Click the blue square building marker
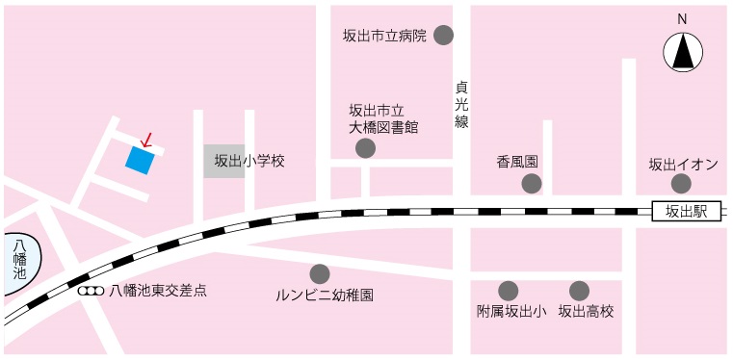click(x=139, y=161)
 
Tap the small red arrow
click(x=146, y=141)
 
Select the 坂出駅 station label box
click(x=687, y=211)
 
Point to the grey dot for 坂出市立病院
click(x=444, y=36)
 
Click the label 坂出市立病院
click(x=384, y=37)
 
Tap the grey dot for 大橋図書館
click(x=365, y=148)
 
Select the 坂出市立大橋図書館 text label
click(x=383, y=117)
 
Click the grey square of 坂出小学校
click(x=224, y=161)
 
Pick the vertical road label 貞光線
click(x=461, y=104)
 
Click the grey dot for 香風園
click(x=532, y=184)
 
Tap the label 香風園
click(x=517, y=161)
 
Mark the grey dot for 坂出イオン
click(x=681, y=184)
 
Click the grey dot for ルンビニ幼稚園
click(x=320, y=273)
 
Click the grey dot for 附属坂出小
click(x=508, y=290)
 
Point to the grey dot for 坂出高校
click(x=579, y=290)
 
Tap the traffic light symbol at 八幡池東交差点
click(x=91, y=290)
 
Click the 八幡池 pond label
click(x=19, y=260)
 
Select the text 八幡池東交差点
click(x=158, y=290)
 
